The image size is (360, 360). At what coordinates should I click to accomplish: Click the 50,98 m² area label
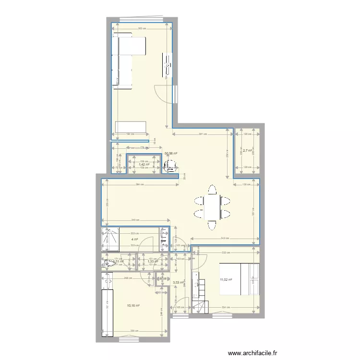click(171, 154)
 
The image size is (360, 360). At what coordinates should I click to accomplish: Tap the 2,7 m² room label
click(247, 151)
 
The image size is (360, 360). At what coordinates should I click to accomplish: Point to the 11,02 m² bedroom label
click(226, 280)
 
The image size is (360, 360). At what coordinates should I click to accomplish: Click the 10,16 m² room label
click(133, 305)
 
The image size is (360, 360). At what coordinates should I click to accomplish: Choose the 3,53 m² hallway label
click(179, 283)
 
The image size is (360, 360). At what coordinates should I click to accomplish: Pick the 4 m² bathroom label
click(135, 239)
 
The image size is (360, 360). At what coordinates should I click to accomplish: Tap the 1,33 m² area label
click(153, 262)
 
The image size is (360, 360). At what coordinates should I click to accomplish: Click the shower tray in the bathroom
click(110, 240)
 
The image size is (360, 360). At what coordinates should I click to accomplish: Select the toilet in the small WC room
click(108, 263)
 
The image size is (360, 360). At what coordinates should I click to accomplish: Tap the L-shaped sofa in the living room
click(124, 60)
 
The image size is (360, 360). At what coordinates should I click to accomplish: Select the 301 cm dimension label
click(203, 134)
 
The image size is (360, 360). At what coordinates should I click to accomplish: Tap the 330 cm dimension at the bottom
click(133, 331)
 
